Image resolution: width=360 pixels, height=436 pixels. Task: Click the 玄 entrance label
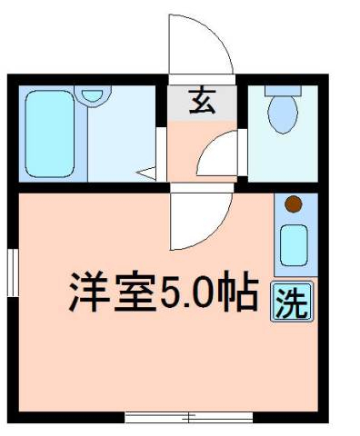[x=202, y=102]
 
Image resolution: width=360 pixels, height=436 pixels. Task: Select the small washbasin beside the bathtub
[x=91, y=94]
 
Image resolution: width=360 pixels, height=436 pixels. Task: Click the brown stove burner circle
[x=293, y=204]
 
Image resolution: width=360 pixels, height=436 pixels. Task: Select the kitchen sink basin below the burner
[x=294, y=243]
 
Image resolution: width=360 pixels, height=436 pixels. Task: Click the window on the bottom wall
[x=189, y=418]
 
